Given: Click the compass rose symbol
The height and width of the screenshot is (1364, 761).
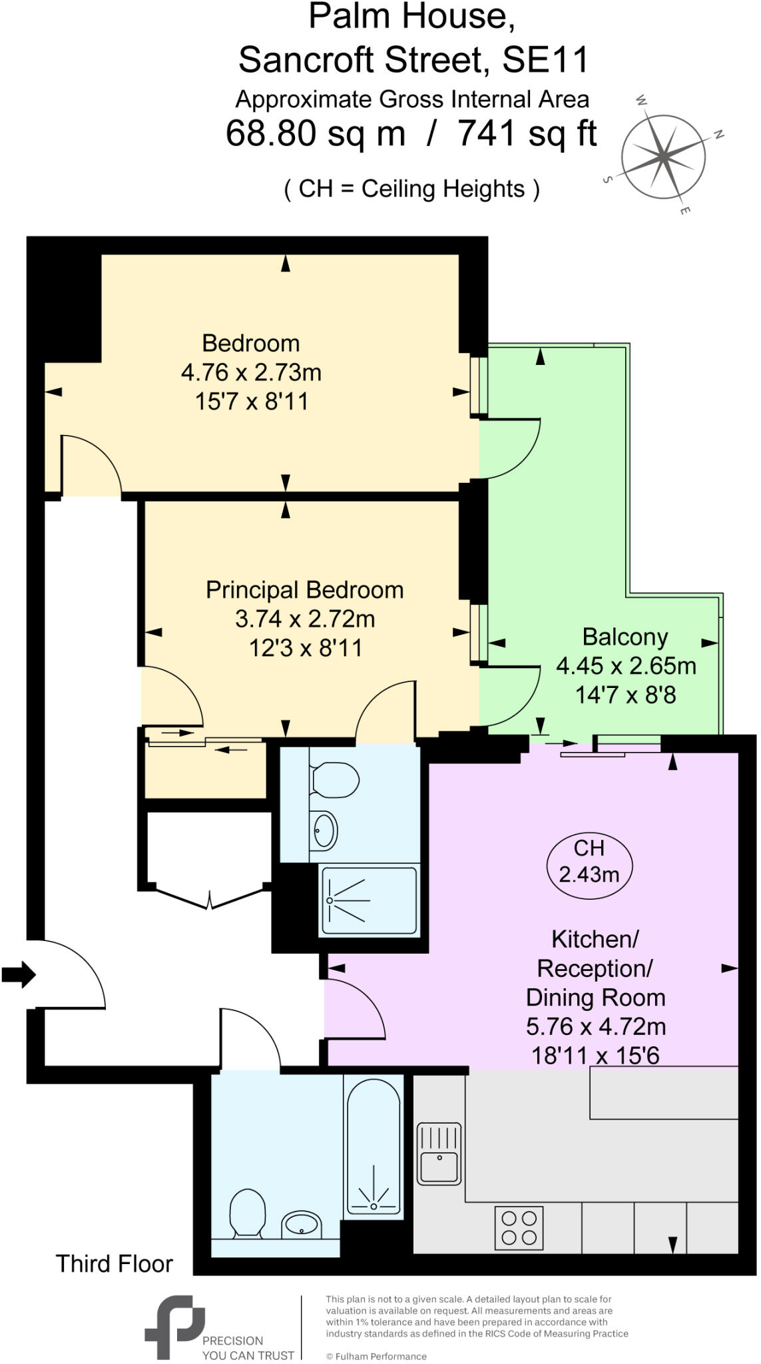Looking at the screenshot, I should click(x=663, y=157).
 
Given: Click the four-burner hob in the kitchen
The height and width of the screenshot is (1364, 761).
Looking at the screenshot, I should click(x=519, y=1227).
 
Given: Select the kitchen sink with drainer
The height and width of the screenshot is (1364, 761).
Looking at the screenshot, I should click(x=439, y=1154).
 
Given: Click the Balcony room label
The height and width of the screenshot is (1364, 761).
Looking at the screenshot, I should click(x=625, y=637).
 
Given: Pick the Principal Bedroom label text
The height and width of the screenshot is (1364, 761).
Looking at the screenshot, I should click(x=304, y=590).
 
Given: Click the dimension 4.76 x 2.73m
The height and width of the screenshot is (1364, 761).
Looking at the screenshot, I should click(x=251, y=372).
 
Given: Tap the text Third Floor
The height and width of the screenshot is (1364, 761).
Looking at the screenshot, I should click(x=114, y=1263).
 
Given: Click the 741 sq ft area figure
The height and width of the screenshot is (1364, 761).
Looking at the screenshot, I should click(x=527, y=134).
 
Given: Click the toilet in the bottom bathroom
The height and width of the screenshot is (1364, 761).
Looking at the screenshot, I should click(x=247, y=1213).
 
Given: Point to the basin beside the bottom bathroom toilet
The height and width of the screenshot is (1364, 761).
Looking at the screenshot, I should click(x=301, y=1223).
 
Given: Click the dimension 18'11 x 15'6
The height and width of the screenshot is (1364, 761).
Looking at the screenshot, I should click(x=595, y=1055).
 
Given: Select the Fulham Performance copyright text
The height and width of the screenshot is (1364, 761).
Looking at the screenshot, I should click(x=376, y=1356).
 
